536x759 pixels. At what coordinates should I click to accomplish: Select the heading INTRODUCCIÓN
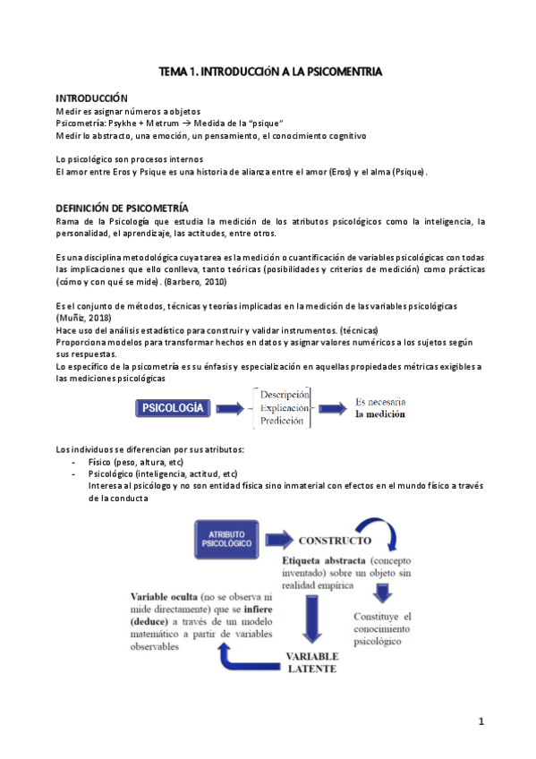click(x=92, y=98)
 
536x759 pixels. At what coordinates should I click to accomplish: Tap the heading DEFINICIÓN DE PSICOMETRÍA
click(x=122, y=208)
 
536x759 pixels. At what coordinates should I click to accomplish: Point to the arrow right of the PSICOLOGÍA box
click(x=231, y=409)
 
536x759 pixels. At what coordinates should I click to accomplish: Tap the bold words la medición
click(x=379, y=414)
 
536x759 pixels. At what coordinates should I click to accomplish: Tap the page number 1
click(x=481, y=721)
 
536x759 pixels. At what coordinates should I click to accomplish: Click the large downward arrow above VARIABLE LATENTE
click(x=312, y=618)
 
